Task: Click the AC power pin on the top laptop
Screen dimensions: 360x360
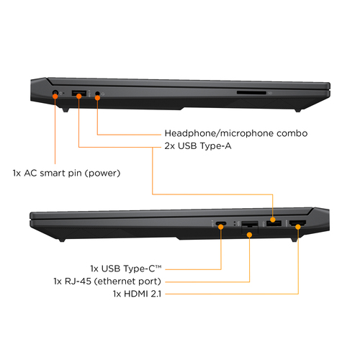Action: [x=55, y=93]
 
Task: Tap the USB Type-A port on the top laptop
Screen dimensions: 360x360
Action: [x=78, y=93]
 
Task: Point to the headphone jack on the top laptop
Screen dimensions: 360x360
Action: [x=97, y=94]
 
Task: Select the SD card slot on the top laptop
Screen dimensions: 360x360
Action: [x=251, y=92]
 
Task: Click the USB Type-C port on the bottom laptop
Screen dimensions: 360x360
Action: [x=221, y=224]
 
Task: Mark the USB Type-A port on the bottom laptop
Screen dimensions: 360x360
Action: [x=274, y=224]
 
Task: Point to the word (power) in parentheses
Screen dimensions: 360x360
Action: [x=102, y=174]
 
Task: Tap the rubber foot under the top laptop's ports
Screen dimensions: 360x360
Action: [x=66, y=111]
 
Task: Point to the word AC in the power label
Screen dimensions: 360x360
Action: [x=29, y=174]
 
